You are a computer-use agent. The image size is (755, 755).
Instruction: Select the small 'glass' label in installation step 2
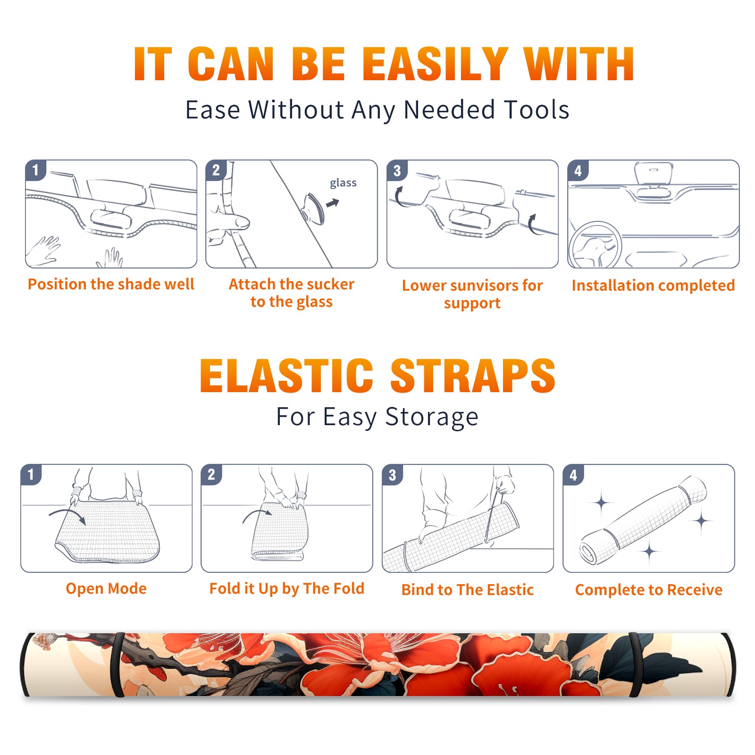[x=343, y=183]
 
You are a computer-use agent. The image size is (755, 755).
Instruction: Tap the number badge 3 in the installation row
[x=397, y=170]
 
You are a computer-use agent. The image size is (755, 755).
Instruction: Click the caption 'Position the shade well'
[x=111, y=284]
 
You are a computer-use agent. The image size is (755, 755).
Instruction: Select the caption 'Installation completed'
[x=653, y=285]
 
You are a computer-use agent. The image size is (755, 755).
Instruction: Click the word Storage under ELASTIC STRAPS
[x=432, y=417]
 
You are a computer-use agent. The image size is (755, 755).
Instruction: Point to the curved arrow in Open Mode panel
[x=67, y=514]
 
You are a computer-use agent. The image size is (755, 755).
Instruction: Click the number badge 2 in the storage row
[x=211, y=474]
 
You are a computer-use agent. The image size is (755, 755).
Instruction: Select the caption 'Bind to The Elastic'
[x=468, y=590]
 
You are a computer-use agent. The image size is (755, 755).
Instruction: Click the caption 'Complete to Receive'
[x=649, y=590]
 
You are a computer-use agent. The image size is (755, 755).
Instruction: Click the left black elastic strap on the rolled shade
[x=118, y=664]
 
